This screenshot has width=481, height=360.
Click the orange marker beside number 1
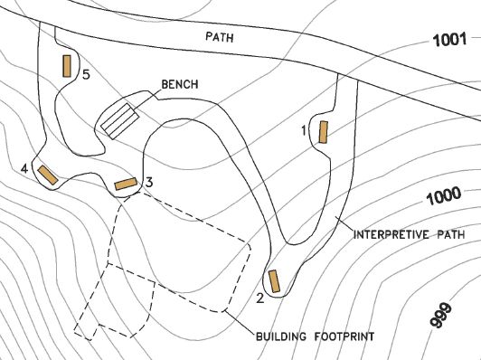(x=324, y=132)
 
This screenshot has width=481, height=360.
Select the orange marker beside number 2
(x=274, y=281)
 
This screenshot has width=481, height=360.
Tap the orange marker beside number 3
(x=126, y=184)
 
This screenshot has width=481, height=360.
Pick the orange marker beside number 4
(x=48, y=175)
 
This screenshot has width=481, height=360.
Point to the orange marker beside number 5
(x=67, y=66)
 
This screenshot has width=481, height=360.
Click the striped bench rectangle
(x=119, y=121)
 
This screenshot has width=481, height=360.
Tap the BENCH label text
(x=180, y=84)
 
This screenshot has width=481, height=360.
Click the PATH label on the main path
(x=220, y=37)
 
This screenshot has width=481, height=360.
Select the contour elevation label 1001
(x=449, y=40)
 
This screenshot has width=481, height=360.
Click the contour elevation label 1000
(x=444, y=195)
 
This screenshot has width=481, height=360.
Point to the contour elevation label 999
(x=440, y=315)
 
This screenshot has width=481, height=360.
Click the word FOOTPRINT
(x=344, y=336)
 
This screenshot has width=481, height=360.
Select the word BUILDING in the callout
(x=281, y=336)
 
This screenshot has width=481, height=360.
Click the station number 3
(x=149, y=183)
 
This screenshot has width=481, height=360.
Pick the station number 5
(x=86, y=74)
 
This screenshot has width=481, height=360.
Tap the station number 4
(x=24, y=168)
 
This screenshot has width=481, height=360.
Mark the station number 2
(x=260, y=298)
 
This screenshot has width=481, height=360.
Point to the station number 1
(x=304, y=131)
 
